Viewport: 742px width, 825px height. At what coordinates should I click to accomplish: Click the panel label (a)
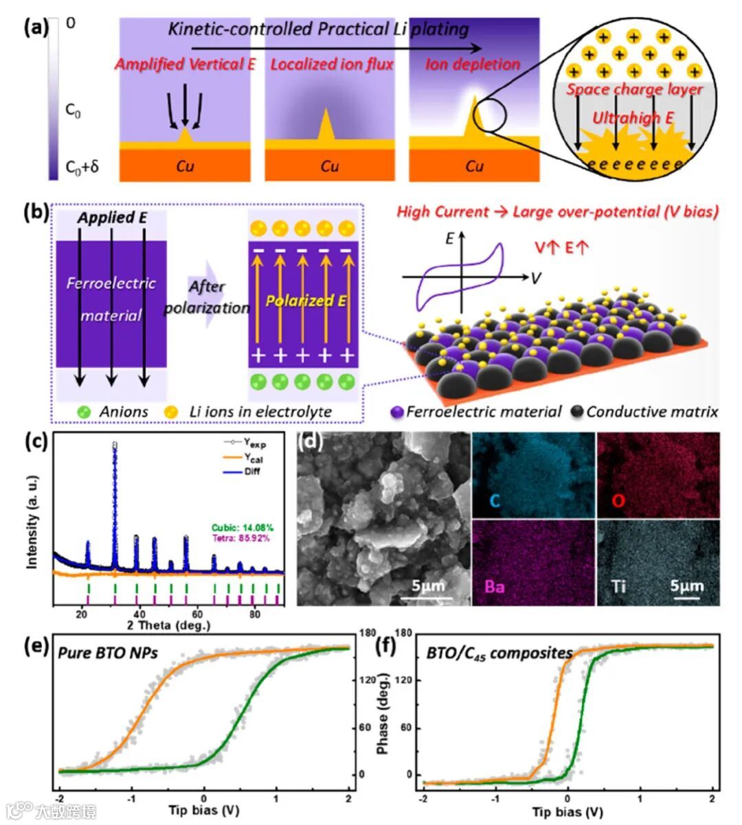coord(35,28)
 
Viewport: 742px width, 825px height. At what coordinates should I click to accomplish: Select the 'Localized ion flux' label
coord(332,65)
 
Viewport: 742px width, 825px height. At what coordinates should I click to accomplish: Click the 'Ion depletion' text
coord(473,65)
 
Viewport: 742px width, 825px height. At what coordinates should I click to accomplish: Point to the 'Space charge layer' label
coord(634,90)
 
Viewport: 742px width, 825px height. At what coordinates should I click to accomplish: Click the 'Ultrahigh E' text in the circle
coord(633,118)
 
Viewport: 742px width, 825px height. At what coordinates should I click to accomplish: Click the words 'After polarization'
coord(207,297)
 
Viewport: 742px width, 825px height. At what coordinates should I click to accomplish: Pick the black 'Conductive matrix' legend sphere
coord(577,412)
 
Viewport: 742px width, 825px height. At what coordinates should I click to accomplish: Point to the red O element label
coord(618,500)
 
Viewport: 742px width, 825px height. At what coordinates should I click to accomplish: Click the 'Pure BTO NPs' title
coord(108,653)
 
